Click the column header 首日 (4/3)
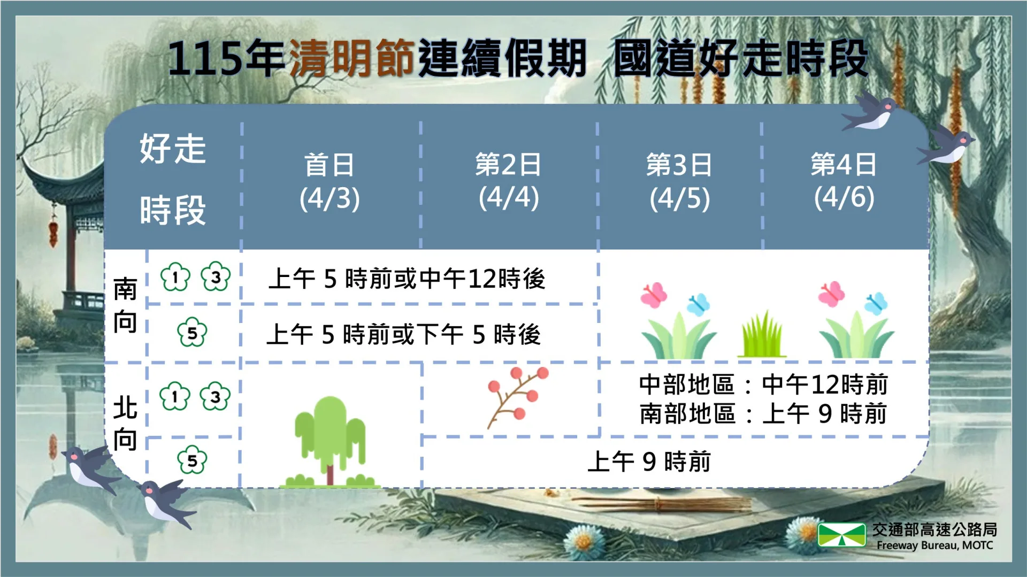[x=329, y=182]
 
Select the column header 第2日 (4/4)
[x=508, y=182]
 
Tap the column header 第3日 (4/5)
[x=679, y=182]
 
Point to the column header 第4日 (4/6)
[x=844, y=182]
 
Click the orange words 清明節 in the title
[x=351, y=58]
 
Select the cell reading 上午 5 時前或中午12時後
[x=407, y=279]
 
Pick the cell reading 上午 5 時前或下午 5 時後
[x=404, y=335]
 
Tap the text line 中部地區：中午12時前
[x=763, y=384]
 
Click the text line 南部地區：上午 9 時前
[x=763, y=414]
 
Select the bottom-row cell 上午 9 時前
[x=649, y=461]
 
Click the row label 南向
[x=125, y=306]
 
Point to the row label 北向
[x=125, y=424]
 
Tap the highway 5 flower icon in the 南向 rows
[x=192, y=333]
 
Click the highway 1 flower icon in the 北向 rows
[x=175, y=396]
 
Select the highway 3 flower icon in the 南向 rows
[x=216, y=276]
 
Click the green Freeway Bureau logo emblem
[x=841, y=535]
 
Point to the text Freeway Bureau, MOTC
[x=934, y=545]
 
